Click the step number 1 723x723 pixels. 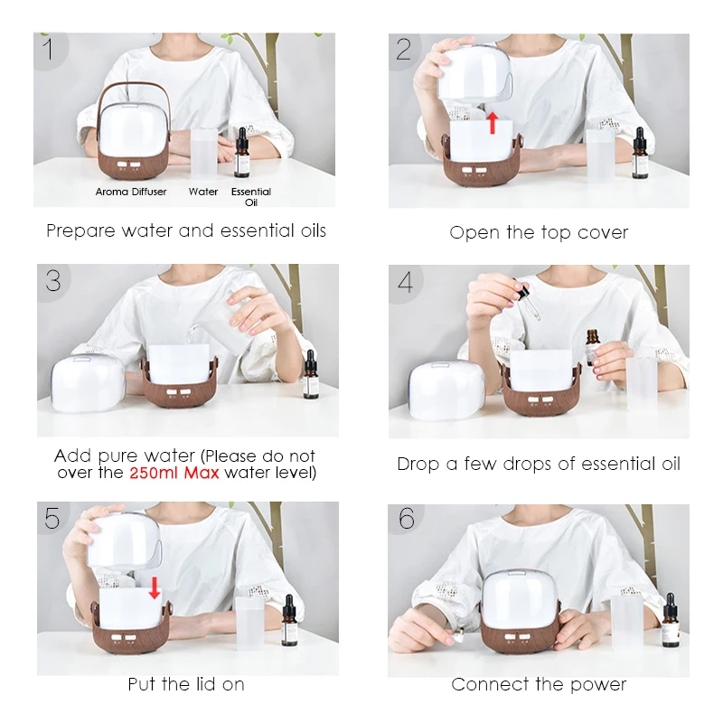tap(48, 49)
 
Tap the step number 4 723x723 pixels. tap(405, 282)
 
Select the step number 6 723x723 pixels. tap(407, 518)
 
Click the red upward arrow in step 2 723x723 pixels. tap(493, 122)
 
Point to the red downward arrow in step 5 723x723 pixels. tap(155, 587)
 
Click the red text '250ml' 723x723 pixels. tap(155, 473)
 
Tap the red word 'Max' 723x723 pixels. tap(202, 473)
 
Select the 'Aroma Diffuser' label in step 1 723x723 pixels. tap(131, 192)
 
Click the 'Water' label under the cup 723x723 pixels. tap(202, 192)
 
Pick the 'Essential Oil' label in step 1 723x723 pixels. tap(251, 197)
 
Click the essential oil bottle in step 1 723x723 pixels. tap(241, 153)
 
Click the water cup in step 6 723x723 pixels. tap(626, 623)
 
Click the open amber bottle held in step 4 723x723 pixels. tap(593, 348)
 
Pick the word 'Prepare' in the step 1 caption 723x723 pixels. tap(80, 231)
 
